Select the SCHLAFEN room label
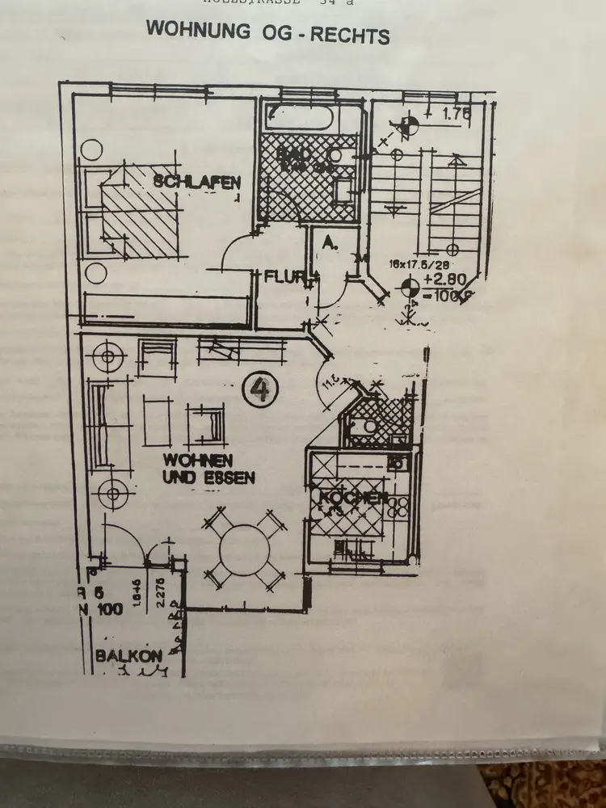coord(197,182)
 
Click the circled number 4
coord(260,391)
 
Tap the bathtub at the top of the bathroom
coord(298,120)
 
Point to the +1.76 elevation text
coord(457,115)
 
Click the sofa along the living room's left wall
coord(106,424)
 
